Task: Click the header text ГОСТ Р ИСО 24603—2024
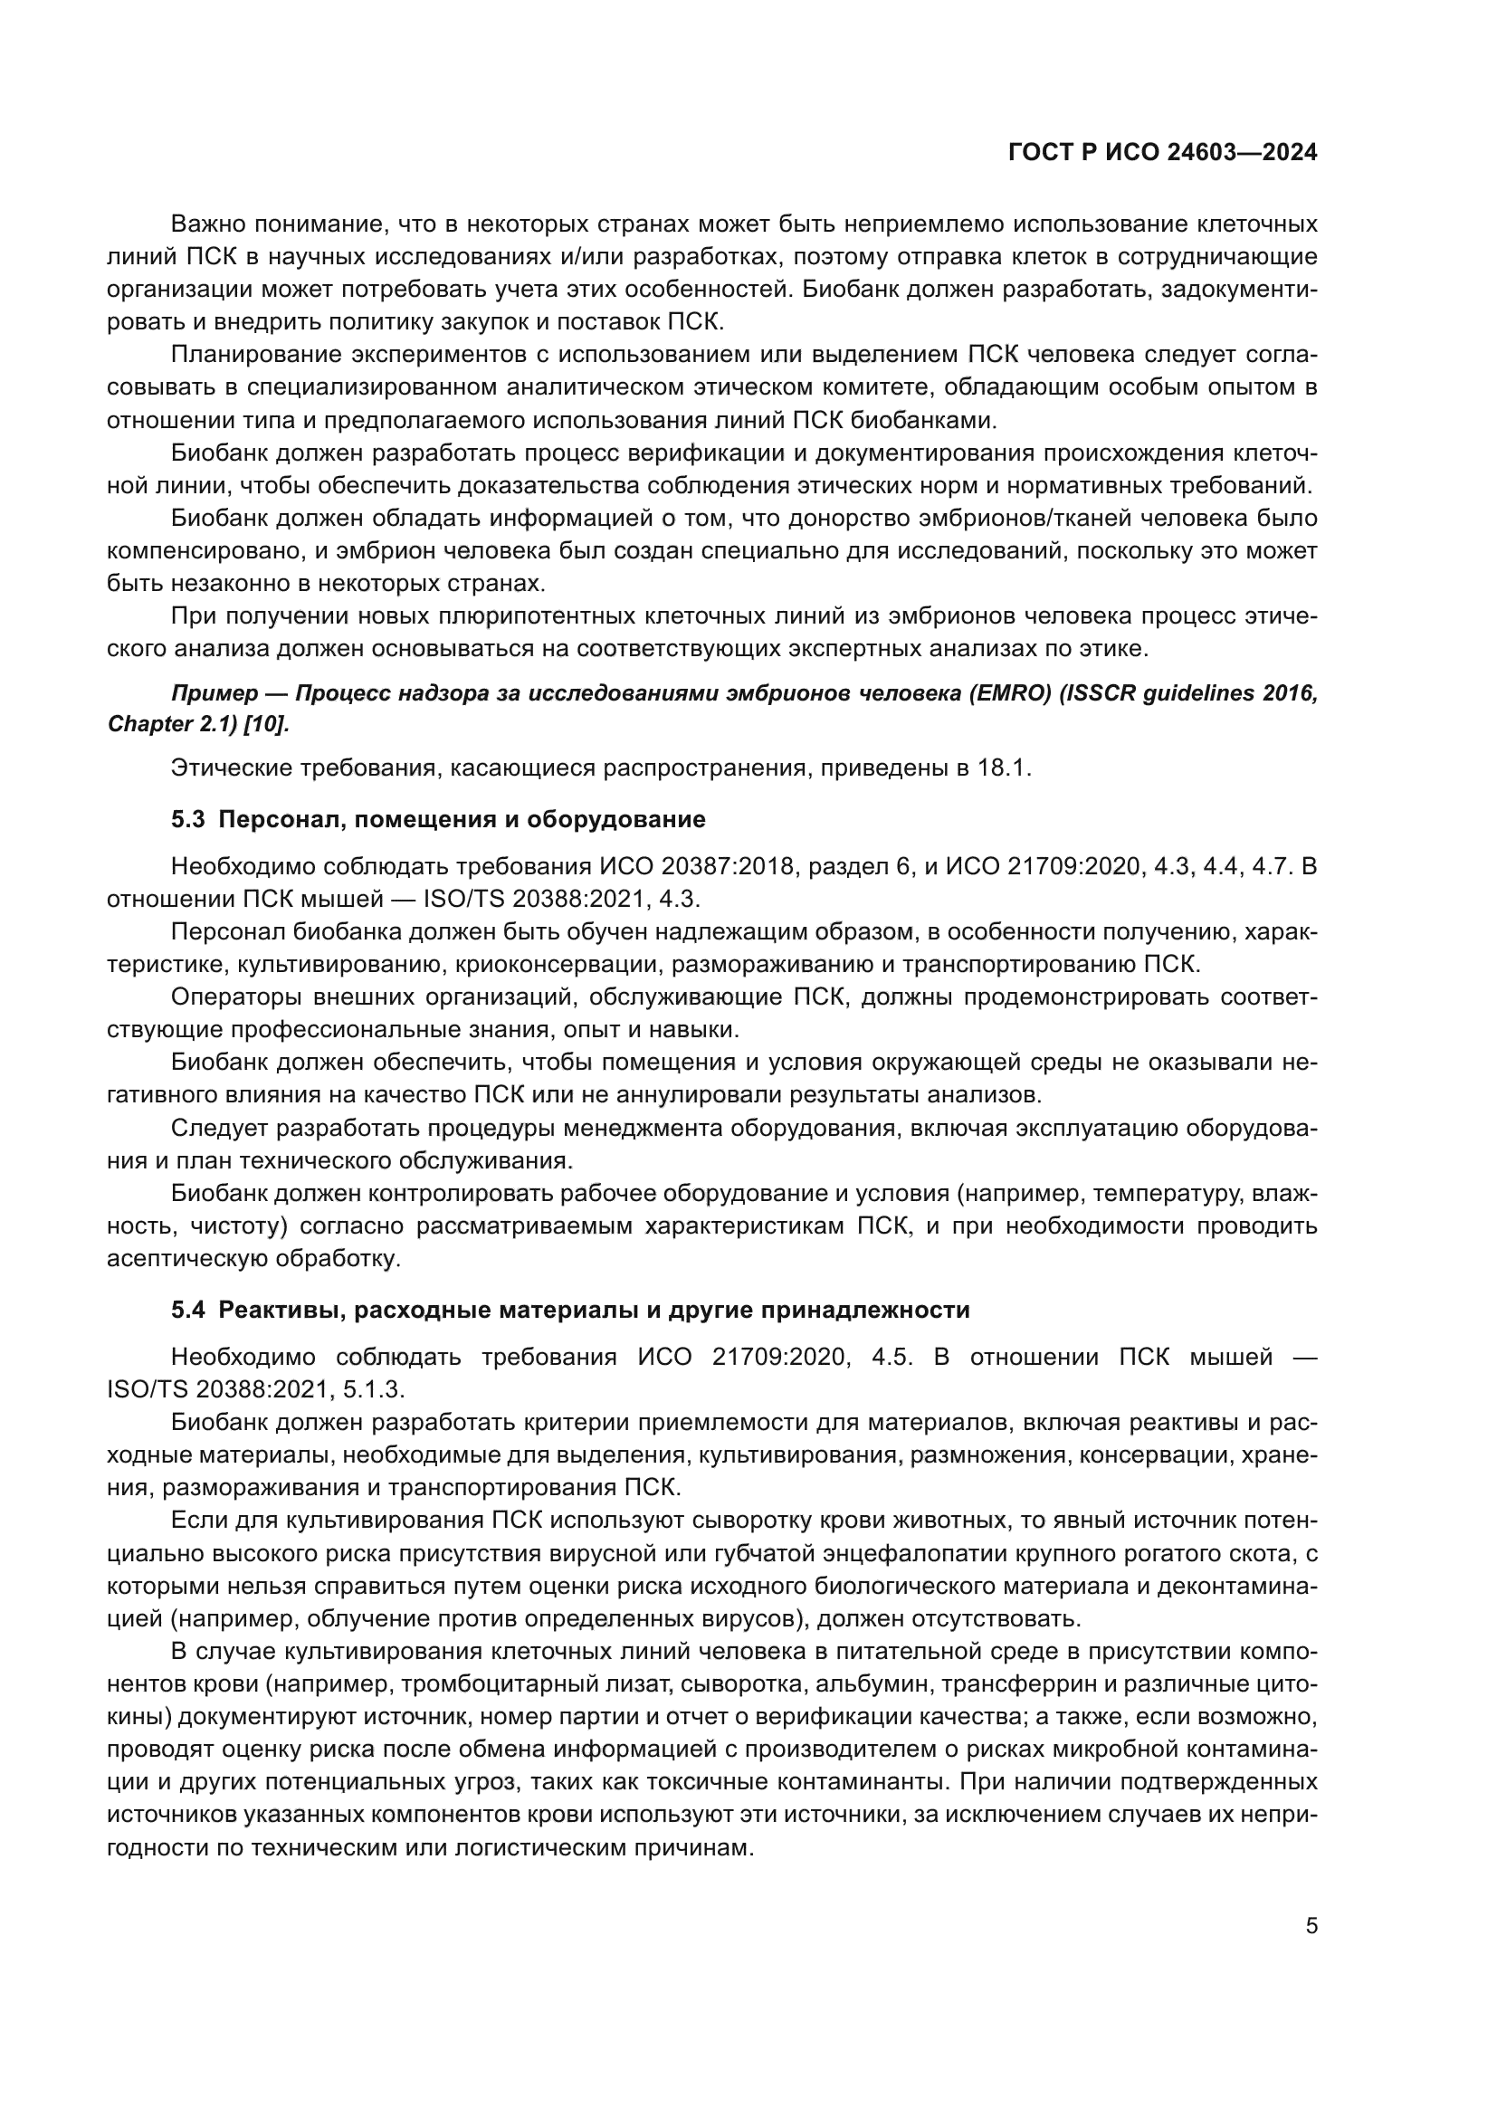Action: pos(1162,153)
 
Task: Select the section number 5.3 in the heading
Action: pos(188,819)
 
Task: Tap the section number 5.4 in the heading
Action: pos(188,1310)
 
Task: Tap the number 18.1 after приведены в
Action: pos(1004,768)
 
